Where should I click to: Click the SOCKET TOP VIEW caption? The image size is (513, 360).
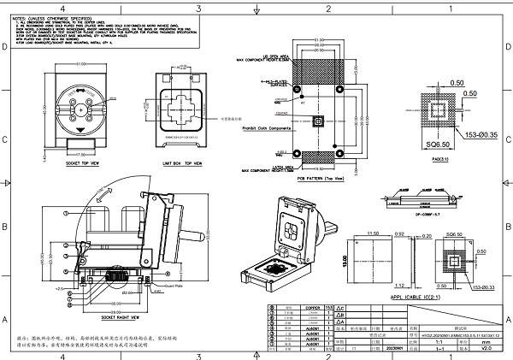84,160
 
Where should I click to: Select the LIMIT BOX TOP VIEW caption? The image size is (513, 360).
182,160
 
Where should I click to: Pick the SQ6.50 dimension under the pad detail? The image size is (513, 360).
441,148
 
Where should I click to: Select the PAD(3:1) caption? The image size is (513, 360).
441,159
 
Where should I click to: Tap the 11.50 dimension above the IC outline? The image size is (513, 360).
373,233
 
